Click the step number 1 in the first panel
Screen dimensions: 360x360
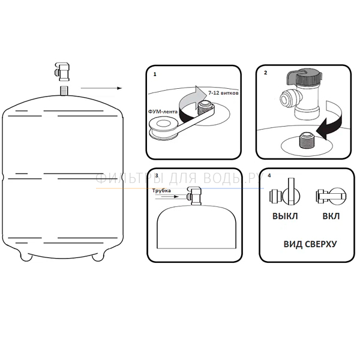(x=155, y=74)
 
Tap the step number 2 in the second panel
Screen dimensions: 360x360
(x=266, y=73)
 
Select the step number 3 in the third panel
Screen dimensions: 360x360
(x=157, y=176)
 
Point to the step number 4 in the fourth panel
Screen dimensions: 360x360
(x=269, y=176)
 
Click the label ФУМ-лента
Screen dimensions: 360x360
(x=163, y=112)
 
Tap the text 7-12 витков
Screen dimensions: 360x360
(x=223, y=93)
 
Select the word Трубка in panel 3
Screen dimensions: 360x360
(x=161, y=191)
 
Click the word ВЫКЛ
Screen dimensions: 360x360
(x=285, y=216)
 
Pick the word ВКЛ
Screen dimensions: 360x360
(x=331, y=216)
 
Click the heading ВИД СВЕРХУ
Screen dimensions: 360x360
(x=310, y=244)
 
